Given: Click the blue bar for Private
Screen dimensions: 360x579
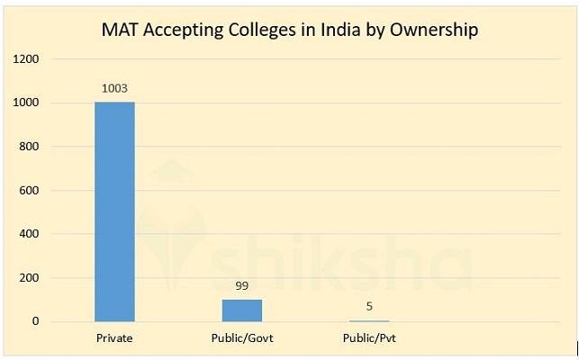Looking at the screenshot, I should [114, 211].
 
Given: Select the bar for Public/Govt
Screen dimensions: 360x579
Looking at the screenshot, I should [242, 310].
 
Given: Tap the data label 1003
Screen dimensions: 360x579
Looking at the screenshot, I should [114, 88].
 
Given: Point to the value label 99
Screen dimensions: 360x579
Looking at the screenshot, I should [242, 286].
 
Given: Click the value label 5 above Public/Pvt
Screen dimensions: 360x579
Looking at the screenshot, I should [369, 306].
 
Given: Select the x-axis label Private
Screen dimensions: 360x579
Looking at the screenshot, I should [114, 338].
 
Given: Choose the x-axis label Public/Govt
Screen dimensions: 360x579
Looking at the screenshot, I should [242, 338].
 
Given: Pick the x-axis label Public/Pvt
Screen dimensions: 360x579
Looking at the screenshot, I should [369, 338].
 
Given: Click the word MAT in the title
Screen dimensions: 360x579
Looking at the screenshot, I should [122, 30].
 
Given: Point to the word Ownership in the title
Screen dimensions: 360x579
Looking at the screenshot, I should [434, 30].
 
